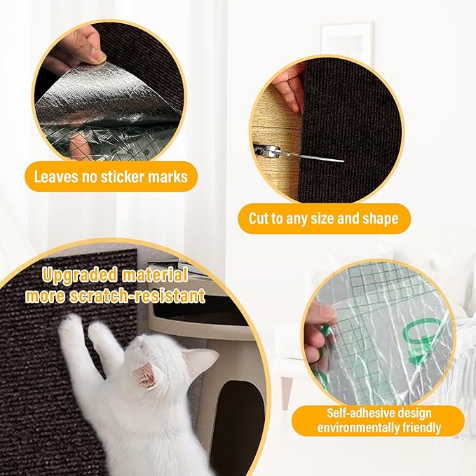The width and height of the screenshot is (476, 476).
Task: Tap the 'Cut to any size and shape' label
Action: (323, 219)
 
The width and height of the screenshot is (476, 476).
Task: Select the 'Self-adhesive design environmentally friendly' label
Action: (379, 421)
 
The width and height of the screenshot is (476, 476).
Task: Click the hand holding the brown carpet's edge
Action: (287, 88)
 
